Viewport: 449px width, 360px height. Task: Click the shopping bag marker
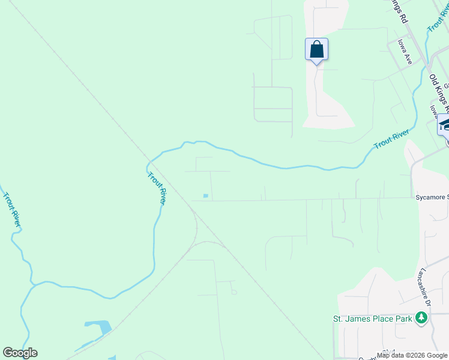[316, 50]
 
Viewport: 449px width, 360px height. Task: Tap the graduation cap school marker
[445, 125]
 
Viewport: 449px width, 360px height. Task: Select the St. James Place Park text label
[373, 319]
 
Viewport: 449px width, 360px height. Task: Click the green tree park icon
[421, 319]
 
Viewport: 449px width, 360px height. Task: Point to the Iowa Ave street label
[405, 52]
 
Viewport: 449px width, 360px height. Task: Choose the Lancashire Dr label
[426, 287]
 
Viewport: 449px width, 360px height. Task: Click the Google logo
[20, 353]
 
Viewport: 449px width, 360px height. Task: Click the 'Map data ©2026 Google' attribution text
[412, 355]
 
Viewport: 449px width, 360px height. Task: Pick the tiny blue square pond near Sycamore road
[206, 196]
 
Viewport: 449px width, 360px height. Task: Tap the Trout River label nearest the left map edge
[12, 209]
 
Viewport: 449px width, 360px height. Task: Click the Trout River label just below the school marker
[391, 139]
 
